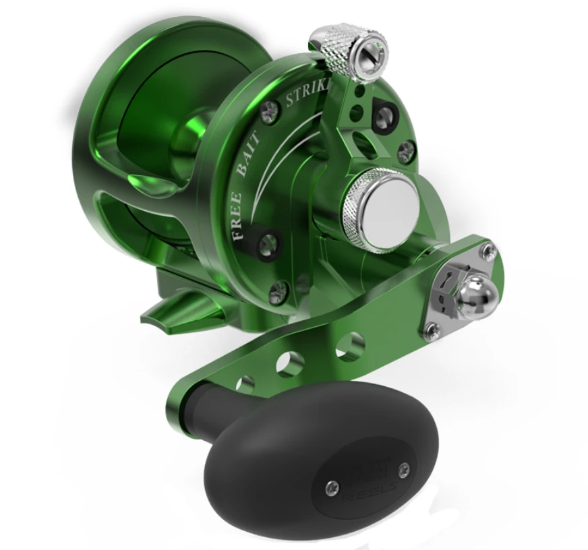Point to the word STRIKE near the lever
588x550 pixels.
[x=307, y=94]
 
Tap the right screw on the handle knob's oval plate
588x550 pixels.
[x=403, y=469]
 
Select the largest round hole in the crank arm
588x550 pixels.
[x=349, y=346]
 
